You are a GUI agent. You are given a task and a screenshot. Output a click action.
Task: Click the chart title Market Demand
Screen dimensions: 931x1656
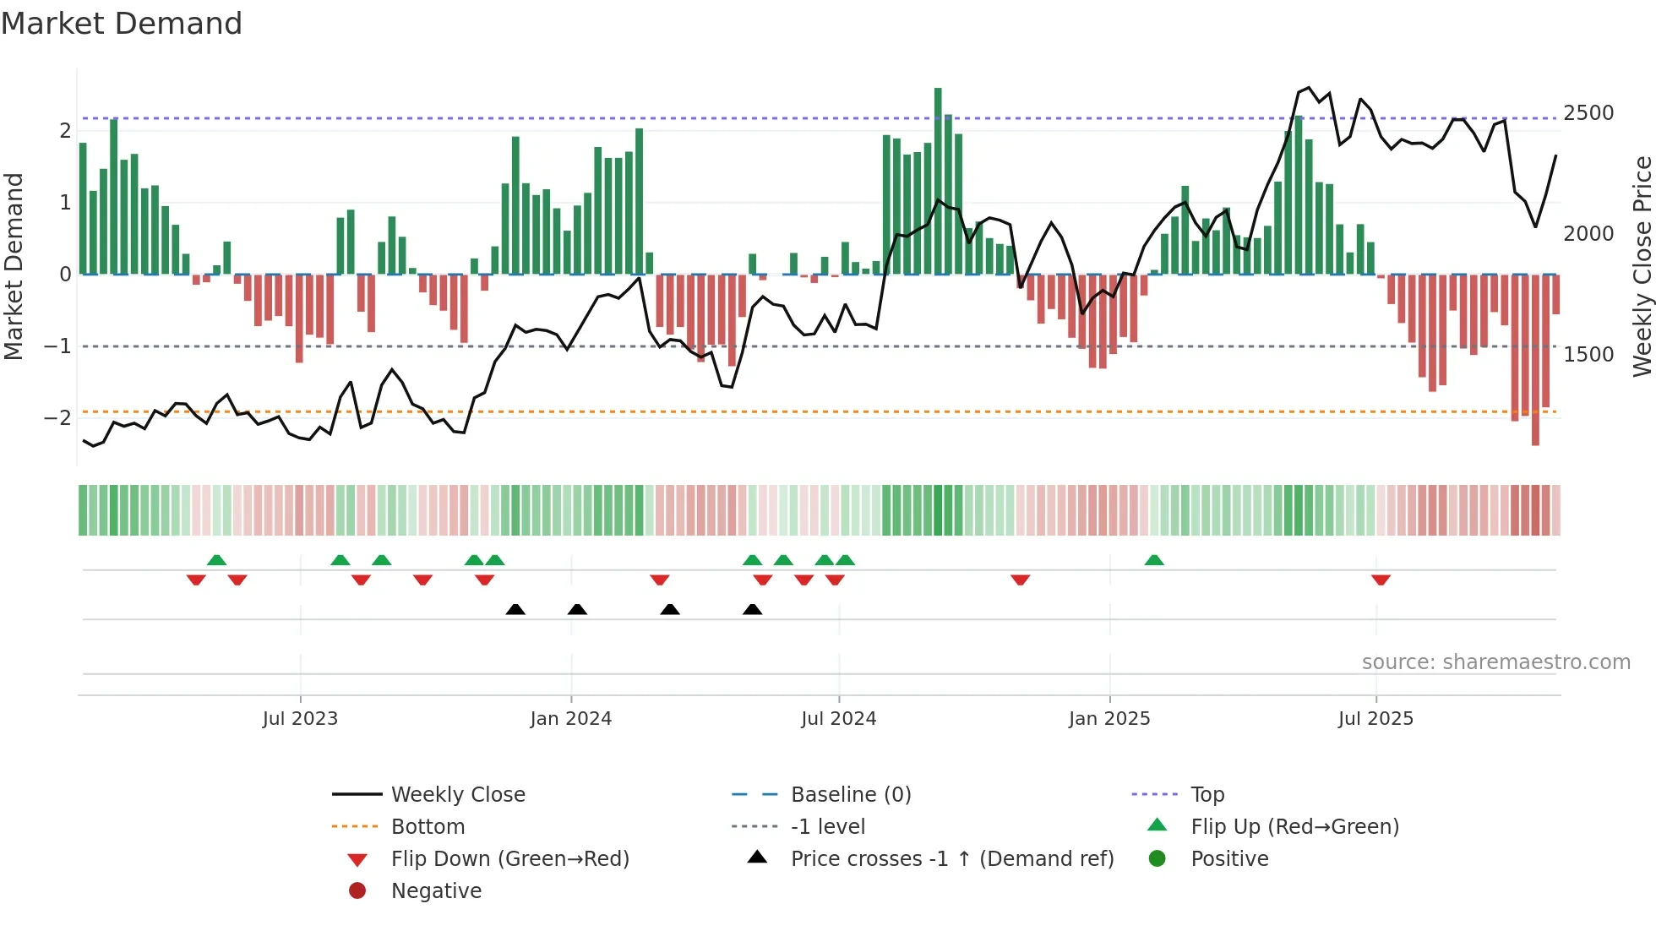pos(122,24)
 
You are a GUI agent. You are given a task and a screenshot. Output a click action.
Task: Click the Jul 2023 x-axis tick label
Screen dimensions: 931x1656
pos(300,719)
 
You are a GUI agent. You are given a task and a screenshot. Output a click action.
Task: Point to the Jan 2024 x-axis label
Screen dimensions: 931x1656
pos(570,719)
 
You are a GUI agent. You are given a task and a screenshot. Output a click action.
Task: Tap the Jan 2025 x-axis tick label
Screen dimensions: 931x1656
pos(1109,719)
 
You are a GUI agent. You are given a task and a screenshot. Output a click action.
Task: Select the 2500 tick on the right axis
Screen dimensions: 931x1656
pos(1588,113)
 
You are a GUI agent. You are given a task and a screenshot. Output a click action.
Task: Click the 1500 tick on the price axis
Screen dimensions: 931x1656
pos(1588,355)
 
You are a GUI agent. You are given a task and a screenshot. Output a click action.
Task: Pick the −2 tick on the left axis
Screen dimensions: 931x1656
pos(57,418)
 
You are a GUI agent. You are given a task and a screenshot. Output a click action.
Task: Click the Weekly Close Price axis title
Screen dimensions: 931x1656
pos(1642,266)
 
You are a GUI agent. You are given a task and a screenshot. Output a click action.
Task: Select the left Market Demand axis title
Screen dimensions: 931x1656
pos(14,266)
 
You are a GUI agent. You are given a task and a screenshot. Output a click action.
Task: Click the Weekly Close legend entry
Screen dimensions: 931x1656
pos(457,795)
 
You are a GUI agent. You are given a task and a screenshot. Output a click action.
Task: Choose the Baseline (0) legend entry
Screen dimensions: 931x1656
pos(850,795)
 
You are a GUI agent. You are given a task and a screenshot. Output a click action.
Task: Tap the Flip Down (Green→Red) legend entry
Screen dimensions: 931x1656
pos(509,859)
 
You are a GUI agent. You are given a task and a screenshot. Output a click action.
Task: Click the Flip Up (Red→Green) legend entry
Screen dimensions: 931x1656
pos(1294,827)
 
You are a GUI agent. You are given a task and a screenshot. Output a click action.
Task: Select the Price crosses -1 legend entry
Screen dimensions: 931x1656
pos(951,859)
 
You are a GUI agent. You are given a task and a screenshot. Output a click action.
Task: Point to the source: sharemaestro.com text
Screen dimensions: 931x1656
pos(1495,662)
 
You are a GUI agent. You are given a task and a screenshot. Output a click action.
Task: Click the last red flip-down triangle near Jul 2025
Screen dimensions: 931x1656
pos(1381,580)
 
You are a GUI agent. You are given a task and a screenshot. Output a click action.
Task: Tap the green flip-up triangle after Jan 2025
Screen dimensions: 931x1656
pos(1154,560)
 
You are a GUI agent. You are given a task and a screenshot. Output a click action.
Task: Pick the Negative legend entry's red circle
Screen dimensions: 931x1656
pos(357,890)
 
